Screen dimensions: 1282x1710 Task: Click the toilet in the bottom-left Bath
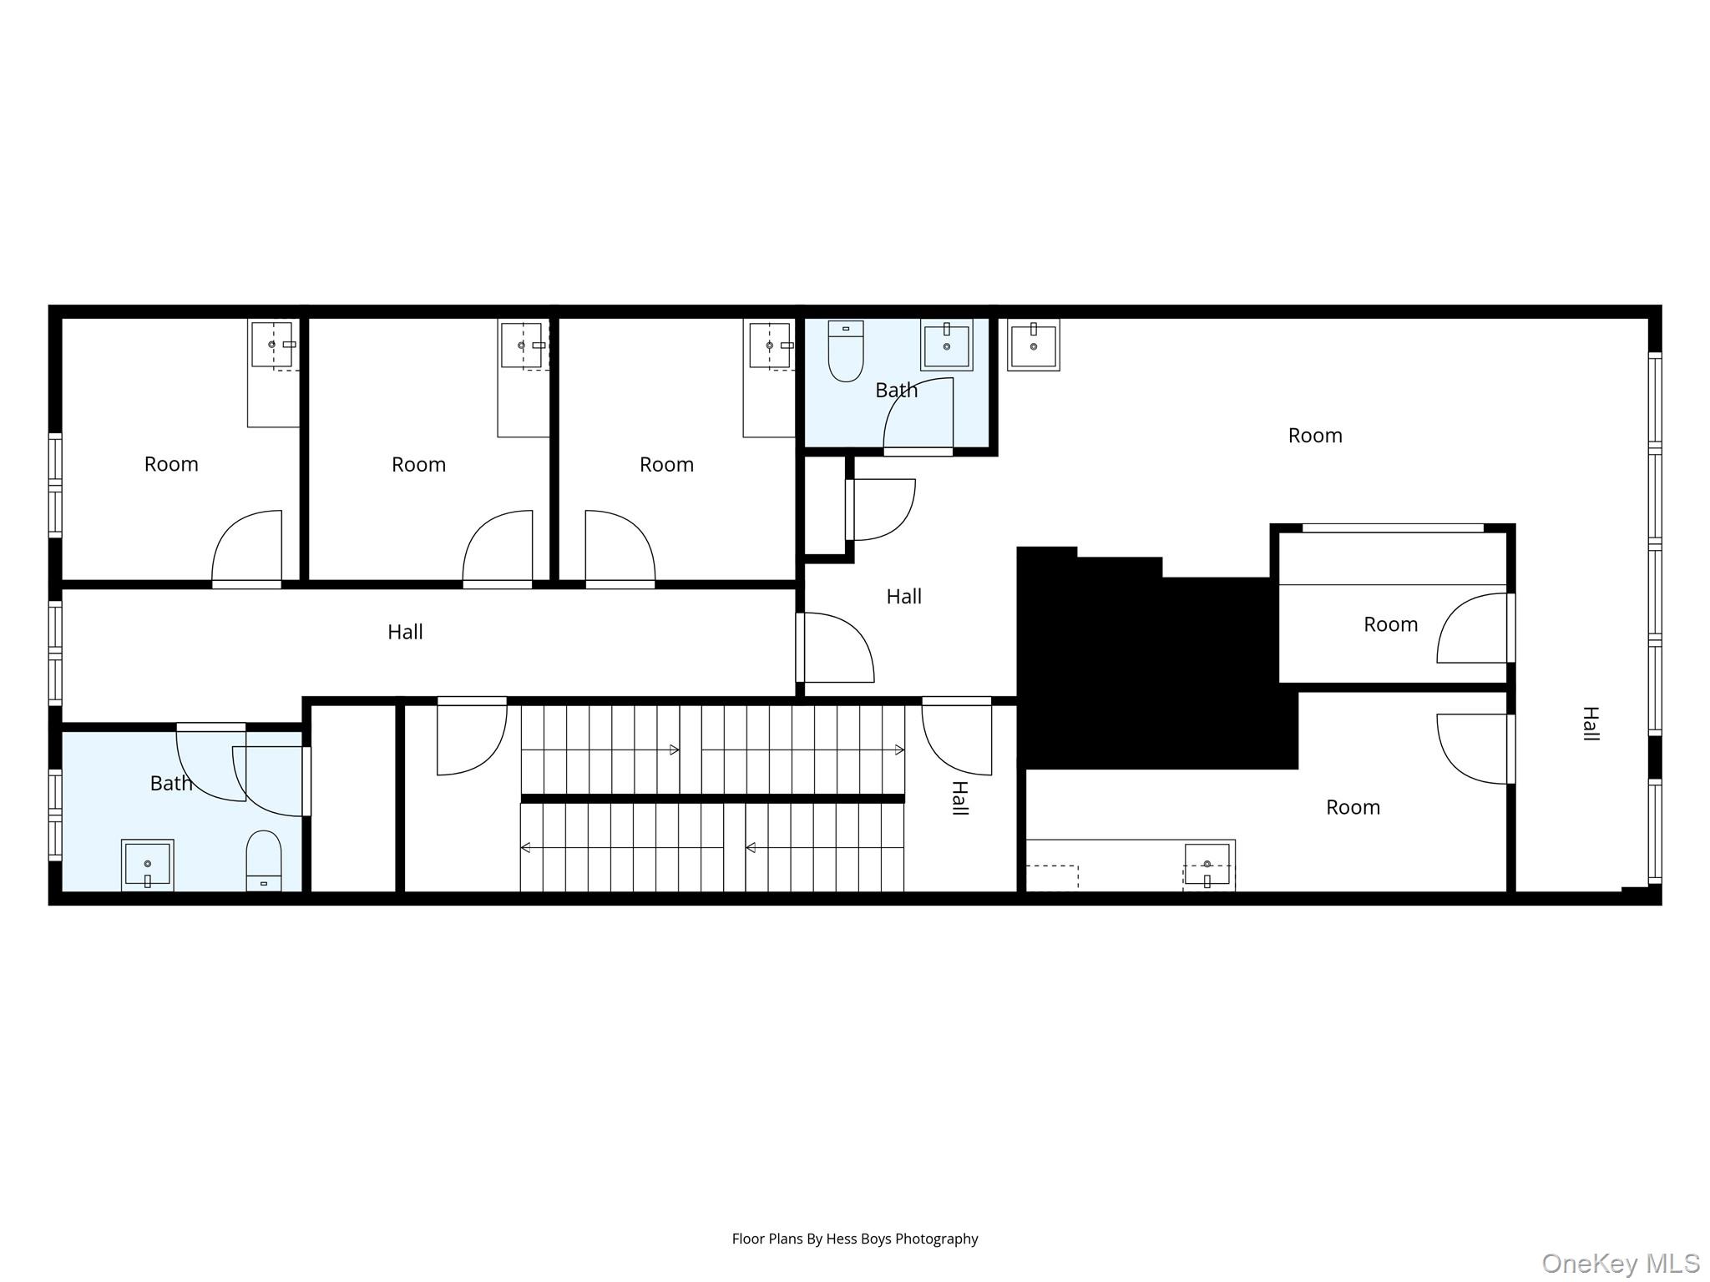[264, 861]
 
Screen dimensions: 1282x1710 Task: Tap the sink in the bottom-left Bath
[148, 865]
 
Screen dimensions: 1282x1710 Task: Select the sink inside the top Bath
[946, 344]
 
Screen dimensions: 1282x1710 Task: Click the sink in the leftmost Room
[272, 344]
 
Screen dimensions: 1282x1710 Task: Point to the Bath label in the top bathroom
[896, 390]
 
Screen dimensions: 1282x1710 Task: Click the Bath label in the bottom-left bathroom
[171, 783]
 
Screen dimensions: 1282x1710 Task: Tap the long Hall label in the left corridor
[405, 632]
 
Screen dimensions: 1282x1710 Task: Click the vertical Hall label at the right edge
[1591, 724]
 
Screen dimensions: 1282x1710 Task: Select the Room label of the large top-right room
[1314, 436]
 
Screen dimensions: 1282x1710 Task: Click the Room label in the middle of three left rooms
[418, 464]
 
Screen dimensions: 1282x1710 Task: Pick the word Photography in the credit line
[936, 1239]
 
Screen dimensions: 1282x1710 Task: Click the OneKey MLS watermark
[1620, 1263]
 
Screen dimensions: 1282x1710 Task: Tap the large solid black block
[1152, 668]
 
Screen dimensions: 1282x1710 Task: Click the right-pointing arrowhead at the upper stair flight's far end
[899, 750]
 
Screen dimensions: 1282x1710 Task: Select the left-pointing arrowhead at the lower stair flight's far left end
[526, 848]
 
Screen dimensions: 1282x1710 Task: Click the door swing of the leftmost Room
[247, 547]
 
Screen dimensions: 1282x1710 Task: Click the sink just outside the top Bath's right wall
[1033, 344]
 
